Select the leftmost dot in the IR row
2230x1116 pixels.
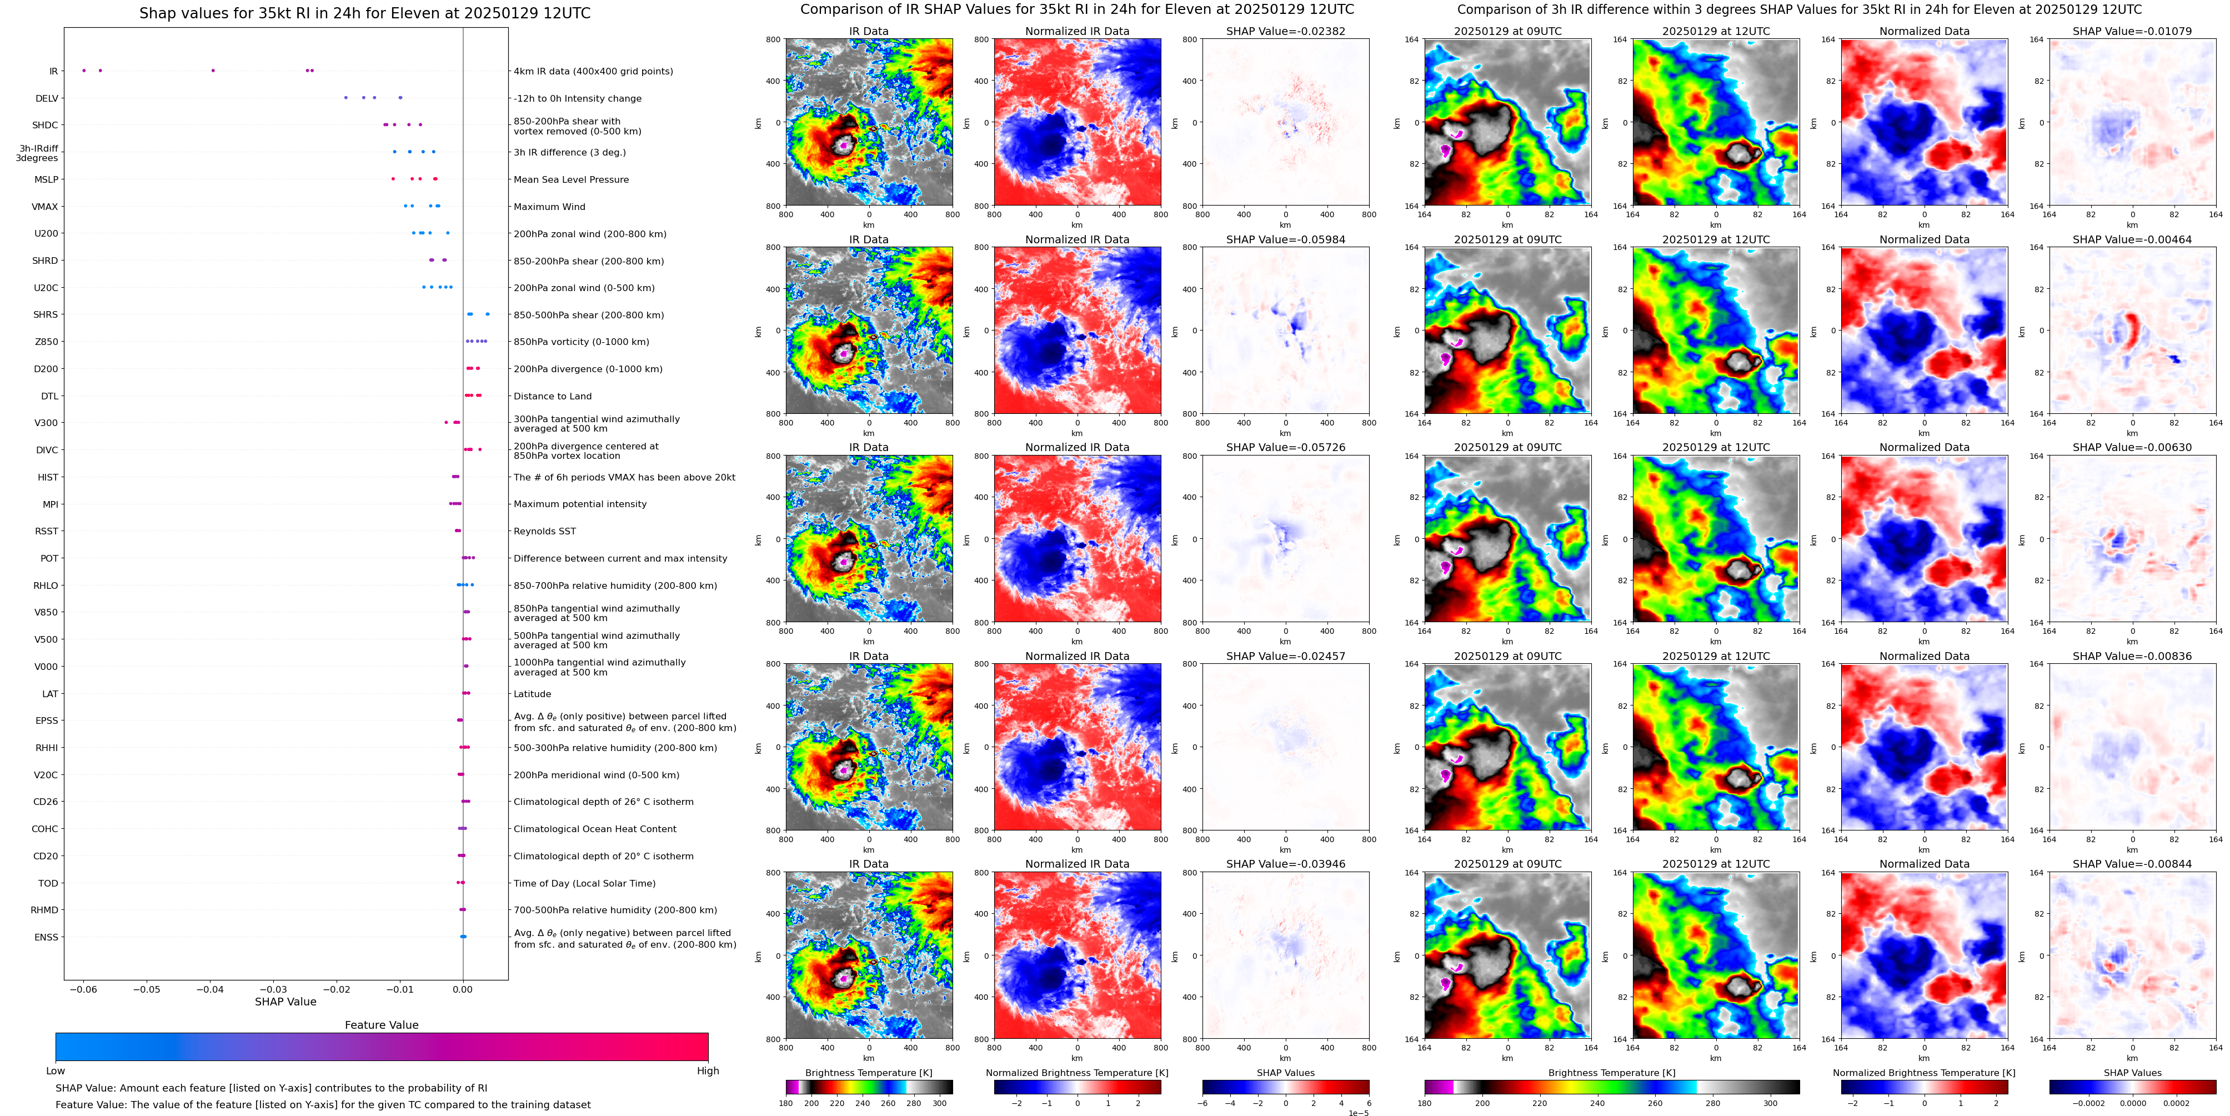click(x=84, y=70)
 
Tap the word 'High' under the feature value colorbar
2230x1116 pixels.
click(x=707, y=1071)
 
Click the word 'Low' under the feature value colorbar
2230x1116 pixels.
click(x=56, y=1071)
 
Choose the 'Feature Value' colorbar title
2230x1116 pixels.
click(x=381, y=1025)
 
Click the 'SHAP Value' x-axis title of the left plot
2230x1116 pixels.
click(x=285, y=1002)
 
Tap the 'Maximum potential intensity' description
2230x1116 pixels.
click(x=579, y=504)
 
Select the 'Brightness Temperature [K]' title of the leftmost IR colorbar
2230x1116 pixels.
click(x=868, y=1073)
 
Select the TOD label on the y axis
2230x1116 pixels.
click(x=48, y=884)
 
